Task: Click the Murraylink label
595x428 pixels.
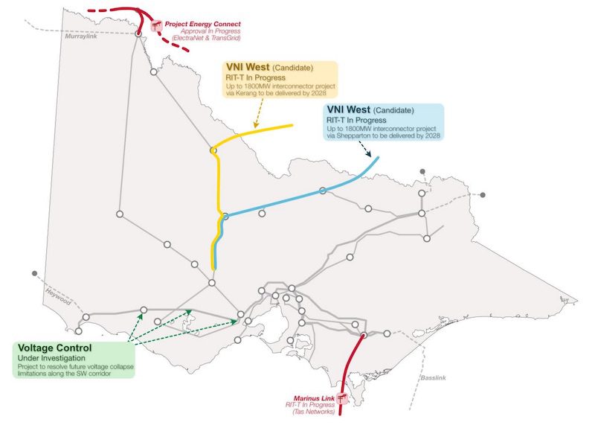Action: pyautogui.click(x=82, y=36)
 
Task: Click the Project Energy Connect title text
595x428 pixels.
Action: pyautogui.click(x=208, y=22)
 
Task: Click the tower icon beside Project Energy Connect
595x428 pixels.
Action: pyautogui.click(x=157, y=26)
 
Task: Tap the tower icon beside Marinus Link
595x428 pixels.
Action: pyautogui.click(x=343, y=400)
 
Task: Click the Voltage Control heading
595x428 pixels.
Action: pyautogui.click(x=55, y=348)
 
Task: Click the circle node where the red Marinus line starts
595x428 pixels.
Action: pyautogui.click(x=364, y=335)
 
